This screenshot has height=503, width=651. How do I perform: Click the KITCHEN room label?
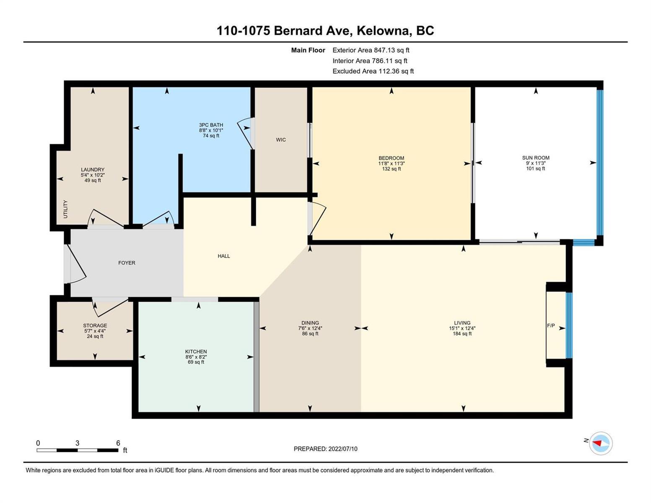click(x=196, y=351)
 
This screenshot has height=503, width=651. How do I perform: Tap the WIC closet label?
click(x=281, y=140)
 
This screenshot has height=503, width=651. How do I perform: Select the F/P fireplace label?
click(x=551, y=325)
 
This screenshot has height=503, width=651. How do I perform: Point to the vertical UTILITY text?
click(x=66, y=209)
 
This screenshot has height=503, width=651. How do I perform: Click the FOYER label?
click(x=127, y=263)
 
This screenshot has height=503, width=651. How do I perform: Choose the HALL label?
click(x=224, y=256)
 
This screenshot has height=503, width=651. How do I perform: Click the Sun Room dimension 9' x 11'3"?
click(x=536, y=163)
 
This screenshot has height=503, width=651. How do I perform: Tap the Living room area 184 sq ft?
click(x=462, y=333)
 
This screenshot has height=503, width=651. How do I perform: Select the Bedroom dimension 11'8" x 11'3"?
click(x=391, y=163)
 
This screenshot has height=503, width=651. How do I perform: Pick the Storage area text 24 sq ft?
click(x=95, y=336)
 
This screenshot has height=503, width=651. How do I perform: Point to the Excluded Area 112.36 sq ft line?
click(x=373, y=71)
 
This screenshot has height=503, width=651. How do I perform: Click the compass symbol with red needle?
click(x=600, y=443)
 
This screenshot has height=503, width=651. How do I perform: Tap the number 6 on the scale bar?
click(x=118, y=443)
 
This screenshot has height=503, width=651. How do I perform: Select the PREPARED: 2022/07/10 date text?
click(x=325, y=449)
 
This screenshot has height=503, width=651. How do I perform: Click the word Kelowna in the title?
click(x=383, y=31)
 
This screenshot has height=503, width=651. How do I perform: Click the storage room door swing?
click(x=110, y=307)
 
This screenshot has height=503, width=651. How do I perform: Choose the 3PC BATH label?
click(x=211, y=125)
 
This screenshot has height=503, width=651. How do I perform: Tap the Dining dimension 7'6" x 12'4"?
click(x=310, y=328)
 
